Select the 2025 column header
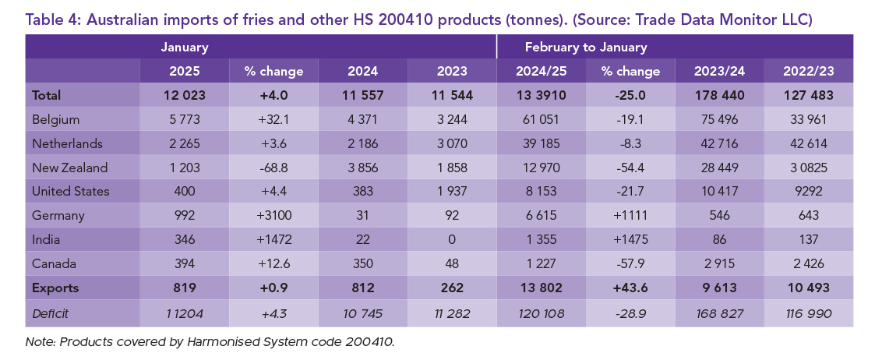(185, 71)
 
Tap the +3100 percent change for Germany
(273, 216)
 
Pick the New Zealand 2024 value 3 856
(362, 168)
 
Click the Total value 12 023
(185, 96)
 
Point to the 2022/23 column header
(807, 71)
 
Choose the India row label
(45, 239)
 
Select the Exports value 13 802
(542, 287)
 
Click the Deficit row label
(51, 312)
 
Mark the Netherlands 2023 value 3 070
(452, 144)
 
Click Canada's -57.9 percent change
(630, 263)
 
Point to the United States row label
(70, 192)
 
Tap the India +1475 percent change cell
(630, 239)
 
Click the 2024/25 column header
(542, 71)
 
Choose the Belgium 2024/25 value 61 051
(542, 120)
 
